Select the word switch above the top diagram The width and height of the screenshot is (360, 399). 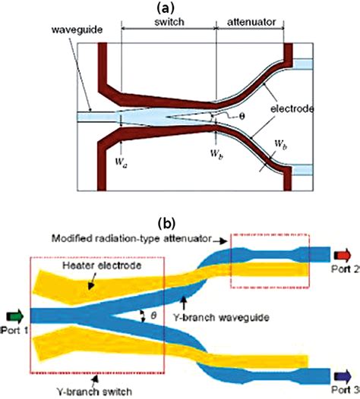point(169,24)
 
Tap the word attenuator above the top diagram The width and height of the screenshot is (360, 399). point(251,24)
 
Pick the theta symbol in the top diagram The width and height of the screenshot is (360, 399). point(242,116)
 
